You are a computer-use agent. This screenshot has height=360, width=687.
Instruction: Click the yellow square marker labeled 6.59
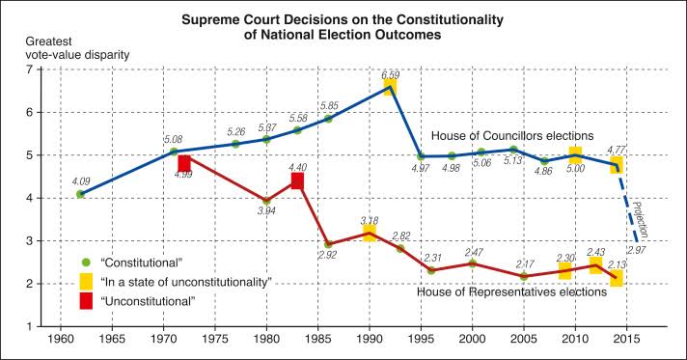coord(390,87)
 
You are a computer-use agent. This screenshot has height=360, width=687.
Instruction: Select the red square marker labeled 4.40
coord(297,180)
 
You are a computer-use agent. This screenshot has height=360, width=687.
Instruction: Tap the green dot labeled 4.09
coord(80,194)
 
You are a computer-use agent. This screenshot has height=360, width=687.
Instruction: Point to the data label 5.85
coord(329,105)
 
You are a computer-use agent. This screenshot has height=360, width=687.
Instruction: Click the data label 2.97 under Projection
coord(637,250)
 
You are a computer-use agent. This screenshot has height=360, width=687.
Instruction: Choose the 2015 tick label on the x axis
coord(626,339)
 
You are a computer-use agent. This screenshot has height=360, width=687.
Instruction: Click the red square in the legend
coord(86,301)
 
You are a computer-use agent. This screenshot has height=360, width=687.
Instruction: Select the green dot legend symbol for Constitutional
coord(86,263)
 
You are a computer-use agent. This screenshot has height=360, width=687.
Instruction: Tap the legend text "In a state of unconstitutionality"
coord(186,282)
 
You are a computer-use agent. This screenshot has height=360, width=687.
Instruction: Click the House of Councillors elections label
coord(512,135)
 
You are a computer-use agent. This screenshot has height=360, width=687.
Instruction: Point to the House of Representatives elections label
coord(511,291)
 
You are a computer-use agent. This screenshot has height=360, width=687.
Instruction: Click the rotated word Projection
coord(641,221)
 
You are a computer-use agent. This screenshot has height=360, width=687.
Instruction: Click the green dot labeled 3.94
coord(266,201)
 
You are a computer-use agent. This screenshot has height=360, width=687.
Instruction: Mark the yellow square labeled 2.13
coord(616,278)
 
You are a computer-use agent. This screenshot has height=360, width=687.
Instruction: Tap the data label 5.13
coord(512,160)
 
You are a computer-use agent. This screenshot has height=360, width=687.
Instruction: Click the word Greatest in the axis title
coord(48,42)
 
